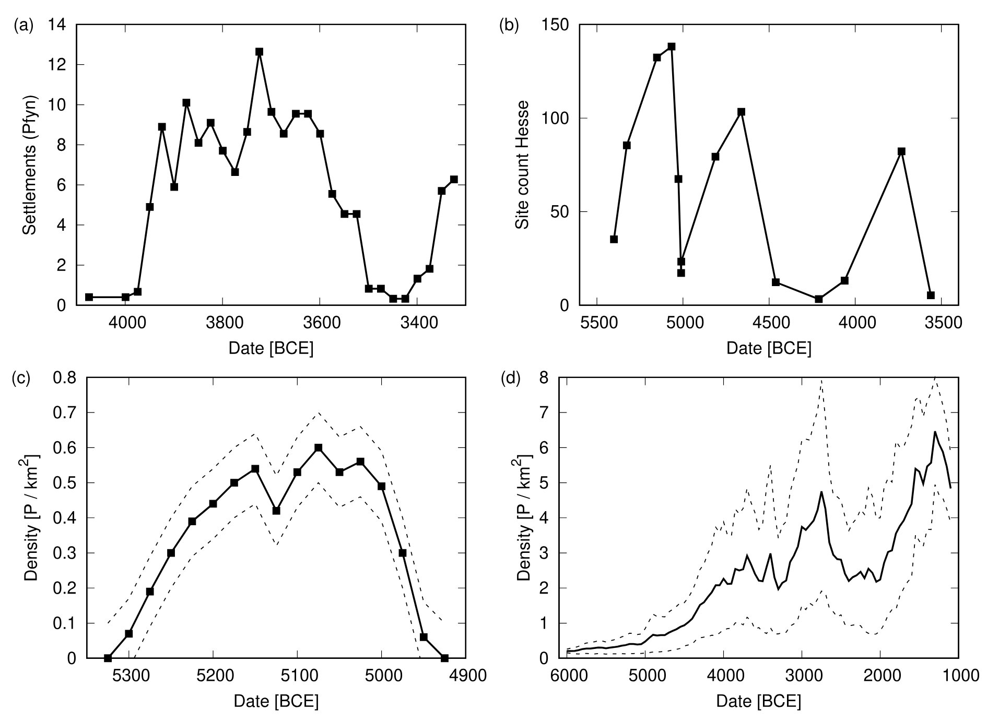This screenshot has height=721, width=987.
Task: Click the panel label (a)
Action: pos(23,25)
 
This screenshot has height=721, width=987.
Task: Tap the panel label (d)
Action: pos(510,378)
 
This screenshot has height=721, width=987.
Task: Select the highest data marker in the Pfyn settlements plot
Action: pos(259,52)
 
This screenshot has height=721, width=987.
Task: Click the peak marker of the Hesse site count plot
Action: pos(672,46)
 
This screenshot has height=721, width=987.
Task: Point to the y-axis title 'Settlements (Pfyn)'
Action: pos(30,165)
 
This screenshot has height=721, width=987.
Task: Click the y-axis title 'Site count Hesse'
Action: pos(522,165)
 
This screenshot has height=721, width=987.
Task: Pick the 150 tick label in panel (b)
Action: pos(555,25)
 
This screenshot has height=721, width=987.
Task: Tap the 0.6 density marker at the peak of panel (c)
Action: pos(318,447)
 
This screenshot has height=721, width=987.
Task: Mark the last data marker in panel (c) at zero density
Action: pos(444,658)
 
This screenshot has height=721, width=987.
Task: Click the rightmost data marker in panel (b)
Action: pos(931,295)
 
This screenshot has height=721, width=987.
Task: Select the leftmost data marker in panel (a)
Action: pos(89,297)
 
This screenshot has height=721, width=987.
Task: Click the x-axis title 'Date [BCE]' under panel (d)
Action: pos(758,701)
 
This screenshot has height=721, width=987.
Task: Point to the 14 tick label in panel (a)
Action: pos(57,25)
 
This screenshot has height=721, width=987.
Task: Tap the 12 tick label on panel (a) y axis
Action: pos(57,65)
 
